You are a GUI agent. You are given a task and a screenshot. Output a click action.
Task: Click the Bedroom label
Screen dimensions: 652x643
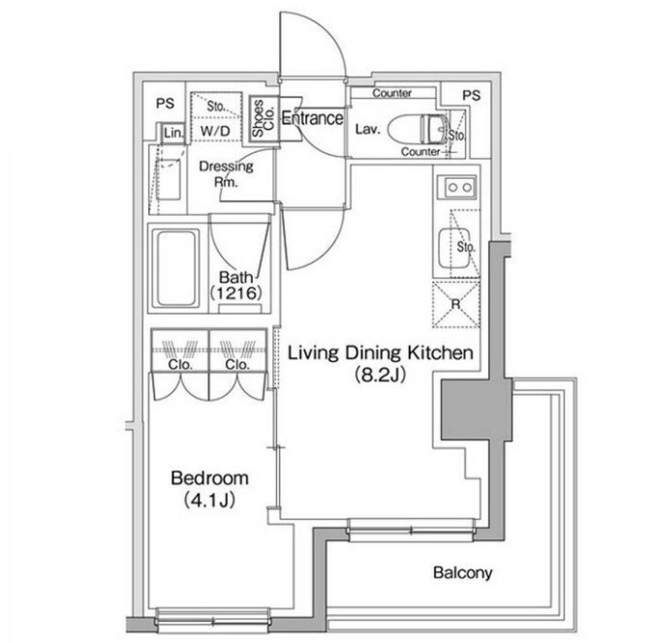coord(209,478)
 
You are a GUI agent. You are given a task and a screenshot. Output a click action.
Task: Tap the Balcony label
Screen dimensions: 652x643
coord(463,572)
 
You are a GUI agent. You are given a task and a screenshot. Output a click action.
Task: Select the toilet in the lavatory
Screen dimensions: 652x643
coord(419,129)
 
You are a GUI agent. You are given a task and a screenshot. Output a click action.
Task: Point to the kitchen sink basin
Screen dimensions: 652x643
coord(454,249)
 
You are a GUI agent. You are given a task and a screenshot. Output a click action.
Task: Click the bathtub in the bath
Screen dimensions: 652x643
coord(175,268)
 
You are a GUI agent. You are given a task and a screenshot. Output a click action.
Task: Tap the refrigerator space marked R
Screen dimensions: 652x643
coord(456,305)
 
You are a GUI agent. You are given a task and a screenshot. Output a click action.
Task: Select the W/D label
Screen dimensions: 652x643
coord(215,132)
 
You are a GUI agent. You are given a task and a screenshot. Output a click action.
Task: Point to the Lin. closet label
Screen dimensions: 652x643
coord(173,133)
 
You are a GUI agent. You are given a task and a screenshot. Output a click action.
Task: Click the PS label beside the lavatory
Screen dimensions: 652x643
coord(471,96)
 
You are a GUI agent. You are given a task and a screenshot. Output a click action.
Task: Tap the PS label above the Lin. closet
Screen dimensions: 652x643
coord(165,103)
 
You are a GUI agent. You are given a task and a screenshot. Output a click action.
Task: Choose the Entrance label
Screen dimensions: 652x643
coord(313,118)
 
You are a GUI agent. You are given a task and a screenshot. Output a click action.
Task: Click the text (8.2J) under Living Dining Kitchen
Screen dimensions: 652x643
coord(380,375)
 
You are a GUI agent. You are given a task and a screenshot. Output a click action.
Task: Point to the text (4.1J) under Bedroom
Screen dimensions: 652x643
coord(209,500)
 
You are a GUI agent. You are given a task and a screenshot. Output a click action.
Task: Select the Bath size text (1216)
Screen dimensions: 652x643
coord(235,293)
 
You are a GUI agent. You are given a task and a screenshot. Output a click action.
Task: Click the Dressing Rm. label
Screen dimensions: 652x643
coord(226,173)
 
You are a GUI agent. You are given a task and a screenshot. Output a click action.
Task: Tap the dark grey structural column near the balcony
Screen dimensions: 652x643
coord(476,409)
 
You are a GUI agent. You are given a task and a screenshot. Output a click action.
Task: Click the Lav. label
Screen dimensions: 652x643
coord(368,129)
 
